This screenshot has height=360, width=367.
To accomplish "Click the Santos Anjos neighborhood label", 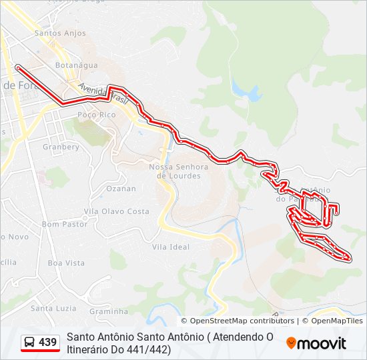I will (59, 33).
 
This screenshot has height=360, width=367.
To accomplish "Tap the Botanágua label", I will (76, 65).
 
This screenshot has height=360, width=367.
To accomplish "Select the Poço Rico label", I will (97, 115).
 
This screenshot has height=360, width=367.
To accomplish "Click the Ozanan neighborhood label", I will (121, 189).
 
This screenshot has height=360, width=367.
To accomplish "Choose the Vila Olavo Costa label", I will (116, 211).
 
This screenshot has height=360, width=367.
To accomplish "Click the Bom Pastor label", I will (65, 224).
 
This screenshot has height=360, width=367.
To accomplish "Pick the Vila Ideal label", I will (171, 247).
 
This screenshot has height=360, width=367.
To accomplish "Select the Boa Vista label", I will (66, 263).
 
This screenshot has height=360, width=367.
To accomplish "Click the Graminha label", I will (108, 311).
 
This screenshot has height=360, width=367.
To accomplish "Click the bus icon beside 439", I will (30, 343).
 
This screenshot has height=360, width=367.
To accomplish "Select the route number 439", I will (48, 343).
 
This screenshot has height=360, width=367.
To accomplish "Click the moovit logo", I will (316, 343).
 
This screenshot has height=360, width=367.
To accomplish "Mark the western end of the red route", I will (18, 67).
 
